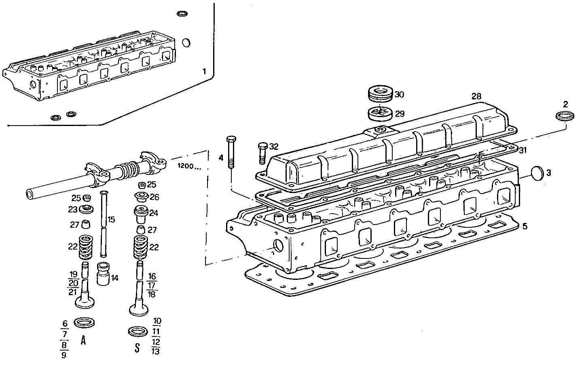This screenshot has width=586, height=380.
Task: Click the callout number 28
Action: pos(476,97)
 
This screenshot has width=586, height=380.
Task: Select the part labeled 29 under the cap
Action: pos(380,113)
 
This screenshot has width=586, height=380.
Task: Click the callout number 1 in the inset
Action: pos(204,72)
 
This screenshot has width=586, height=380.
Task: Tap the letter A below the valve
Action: pos(83,340)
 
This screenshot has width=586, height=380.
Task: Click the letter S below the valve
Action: pos(138,348)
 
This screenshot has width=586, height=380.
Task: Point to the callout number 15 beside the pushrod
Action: pos(111,220)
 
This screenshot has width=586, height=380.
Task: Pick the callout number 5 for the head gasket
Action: pos(524,226)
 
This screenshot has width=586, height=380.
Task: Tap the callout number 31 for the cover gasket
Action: pos(523,151)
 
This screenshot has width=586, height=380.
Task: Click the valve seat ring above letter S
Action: pos(138,332)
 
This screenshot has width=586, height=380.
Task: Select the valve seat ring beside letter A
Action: pos(85,322)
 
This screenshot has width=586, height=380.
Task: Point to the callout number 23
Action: pos(72,210)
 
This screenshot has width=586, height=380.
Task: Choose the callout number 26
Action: pos(154,197)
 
